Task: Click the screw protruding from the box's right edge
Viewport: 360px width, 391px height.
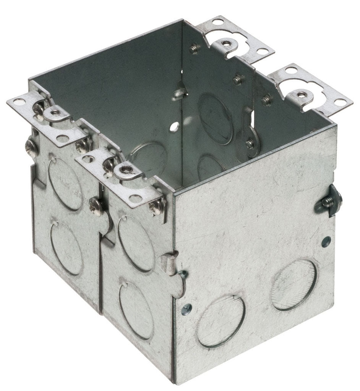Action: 328,202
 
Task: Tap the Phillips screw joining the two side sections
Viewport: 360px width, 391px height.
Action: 95,205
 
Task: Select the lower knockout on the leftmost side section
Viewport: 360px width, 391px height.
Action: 67,248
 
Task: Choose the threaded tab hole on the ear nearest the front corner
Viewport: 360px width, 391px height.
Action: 125,168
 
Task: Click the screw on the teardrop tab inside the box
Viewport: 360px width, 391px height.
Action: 250,144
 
